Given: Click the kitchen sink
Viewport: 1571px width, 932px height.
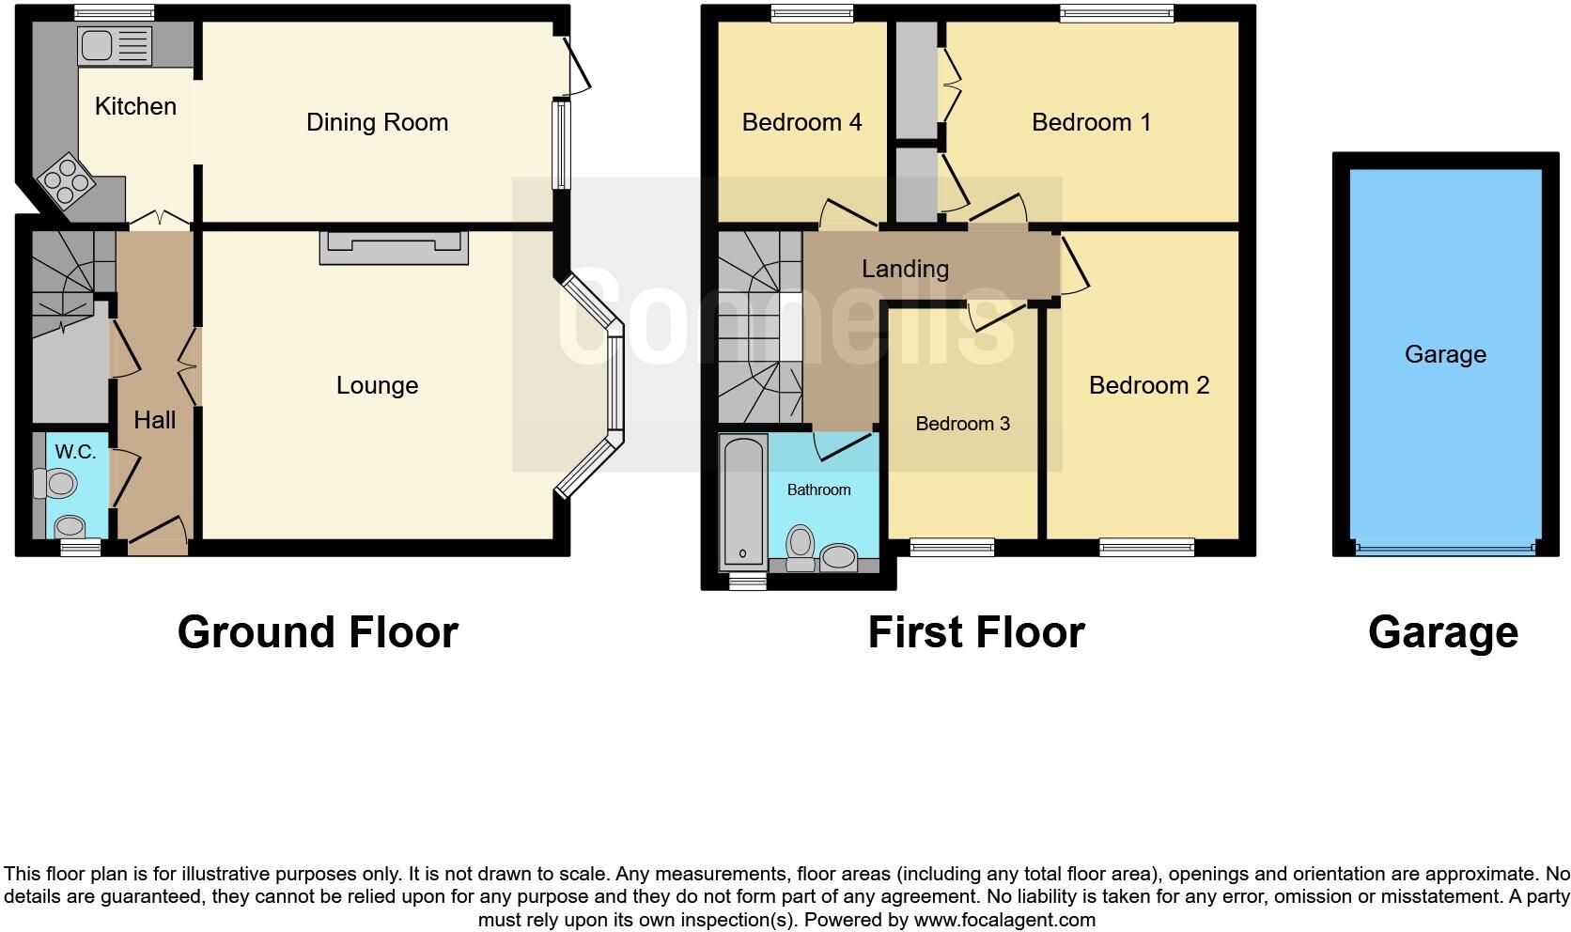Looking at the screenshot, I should (115, 45).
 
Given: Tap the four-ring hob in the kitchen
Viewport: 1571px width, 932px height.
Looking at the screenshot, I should (65, 179).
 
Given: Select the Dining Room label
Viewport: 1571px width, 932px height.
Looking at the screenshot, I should (377, 122).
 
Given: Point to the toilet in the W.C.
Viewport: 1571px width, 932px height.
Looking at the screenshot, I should (57, 485).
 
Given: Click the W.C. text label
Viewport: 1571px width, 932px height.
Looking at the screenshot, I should (75, 452).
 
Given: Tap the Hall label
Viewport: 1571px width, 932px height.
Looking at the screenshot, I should (154, 420).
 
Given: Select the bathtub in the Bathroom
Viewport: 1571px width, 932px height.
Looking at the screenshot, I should (744, 503).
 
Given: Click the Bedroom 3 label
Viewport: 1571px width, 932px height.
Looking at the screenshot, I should (962, 424).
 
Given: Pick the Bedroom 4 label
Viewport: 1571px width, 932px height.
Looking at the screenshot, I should (801, 122).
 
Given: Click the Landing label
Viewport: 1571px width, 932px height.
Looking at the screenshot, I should (905, 269).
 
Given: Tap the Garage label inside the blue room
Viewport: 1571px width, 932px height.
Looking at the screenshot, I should (1445, 354).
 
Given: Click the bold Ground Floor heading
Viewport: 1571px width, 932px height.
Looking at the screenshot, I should (318, 632).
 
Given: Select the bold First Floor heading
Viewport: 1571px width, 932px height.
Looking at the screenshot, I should (976, 632).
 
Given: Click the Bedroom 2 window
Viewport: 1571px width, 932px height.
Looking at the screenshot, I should (1147, 547).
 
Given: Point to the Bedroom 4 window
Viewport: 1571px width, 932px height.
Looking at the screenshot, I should (812, 13).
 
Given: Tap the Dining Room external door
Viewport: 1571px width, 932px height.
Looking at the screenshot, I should (576, 66).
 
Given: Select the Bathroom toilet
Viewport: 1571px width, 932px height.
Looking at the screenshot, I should (801, 546).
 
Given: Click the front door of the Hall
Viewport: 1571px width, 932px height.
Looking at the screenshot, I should (157, 533).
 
